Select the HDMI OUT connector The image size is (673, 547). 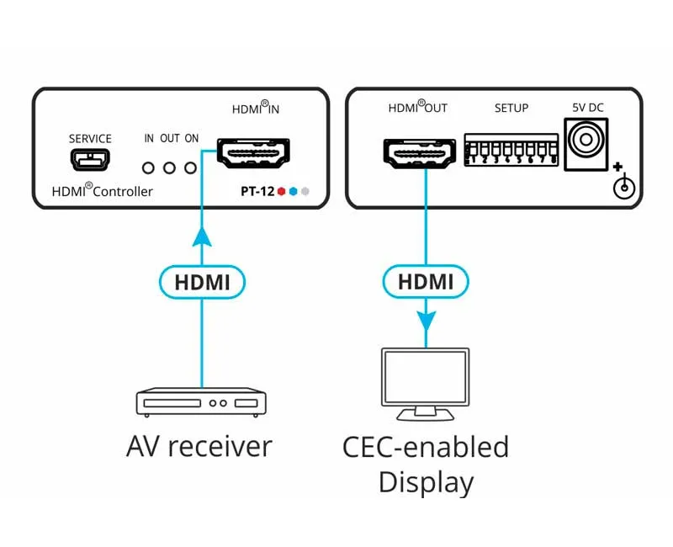(419, 154)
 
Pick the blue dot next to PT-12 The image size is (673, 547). (293, 191)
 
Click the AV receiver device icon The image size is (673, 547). (201, 402)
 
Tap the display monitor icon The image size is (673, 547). (426, 384)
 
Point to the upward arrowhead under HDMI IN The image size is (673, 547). (202, 237)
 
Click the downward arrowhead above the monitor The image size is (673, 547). (426, 321)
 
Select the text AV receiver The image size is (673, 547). (199, 446)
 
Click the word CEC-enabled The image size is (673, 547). (426, 446)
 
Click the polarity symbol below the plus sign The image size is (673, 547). (623, 187)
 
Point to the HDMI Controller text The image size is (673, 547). (103, 191)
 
